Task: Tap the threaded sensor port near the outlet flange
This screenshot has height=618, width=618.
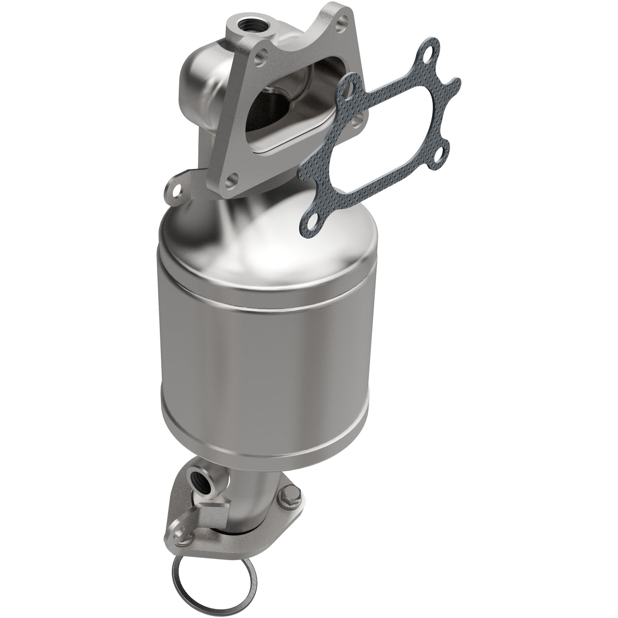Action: tap(196, 479)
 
